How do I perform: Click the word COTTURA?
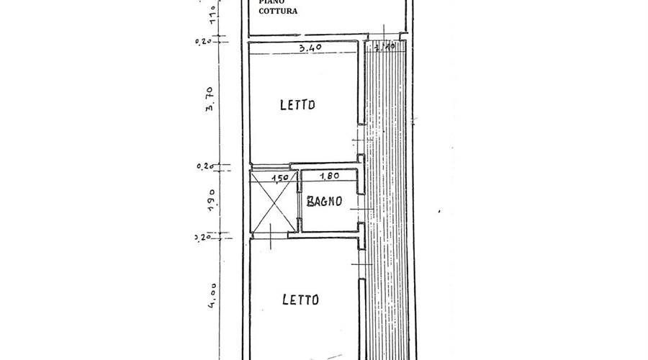(279, 12)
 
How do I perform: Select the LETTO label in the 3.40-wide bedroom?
(298, 105)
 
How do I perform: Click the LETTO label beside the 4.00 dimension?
(300, 299)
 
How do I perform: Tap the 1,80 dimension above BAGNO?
(329, 175)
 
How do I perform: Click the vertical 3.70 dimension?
(210, 99)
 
